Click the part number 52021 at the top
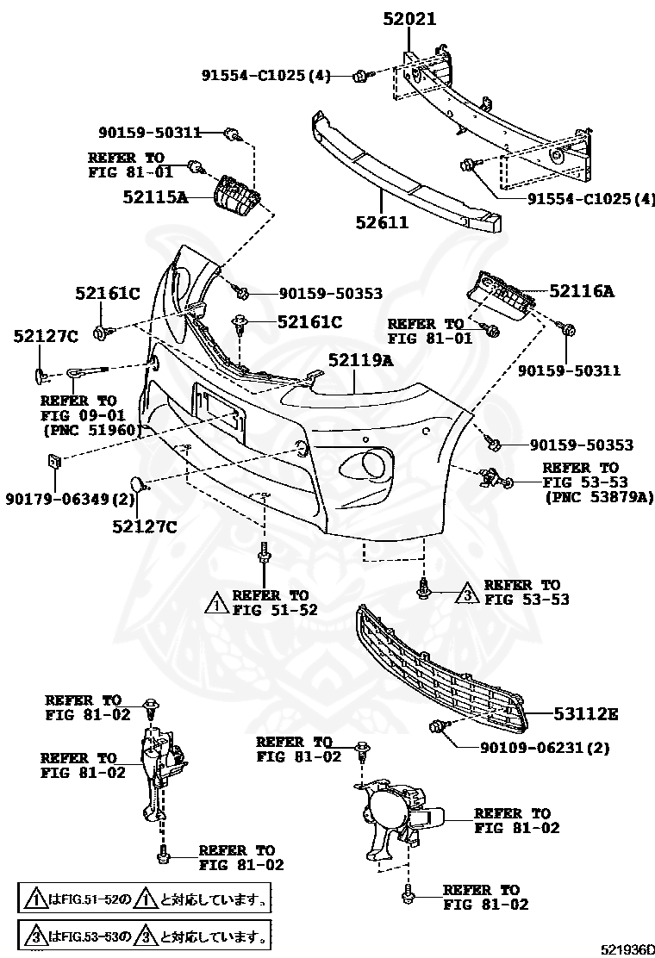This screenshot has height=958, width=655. [410, 18]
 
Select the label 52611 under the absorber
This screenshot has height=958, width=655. [380, 222]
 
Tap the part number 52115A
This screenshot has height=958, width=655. [155, 196]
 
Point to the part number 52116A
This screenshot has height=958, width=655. [582, 292]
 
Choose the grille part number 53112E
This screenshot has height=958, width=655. [587, 714]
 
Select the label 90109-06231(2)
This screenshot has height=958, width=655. [545, 748]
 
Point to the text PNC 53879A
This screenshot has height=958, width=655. [599, 496]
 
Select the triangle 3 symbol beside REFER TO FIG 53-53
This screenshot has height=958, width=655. [465, 592]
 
